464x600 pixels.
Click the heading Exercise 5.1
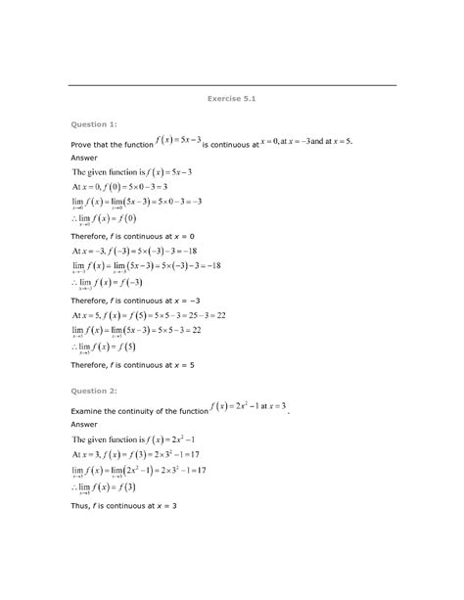(x=232, y=99)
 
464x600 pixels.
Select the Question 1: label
(x=93, y=125)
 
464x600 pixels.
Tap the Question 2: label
(x=93, y=390)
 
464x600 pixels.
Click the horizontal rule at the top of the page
(x=232, y=85)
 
